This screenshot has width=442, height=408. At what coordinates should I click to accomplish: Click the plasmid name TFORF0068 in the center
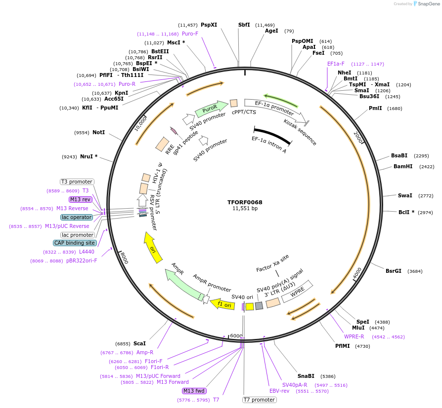[245, 202]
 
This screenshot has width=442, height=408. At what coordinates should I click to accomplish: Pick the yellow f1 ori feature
[222, 304]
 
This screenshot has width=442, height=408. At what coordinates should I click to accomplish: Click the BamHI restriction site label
[402, 166]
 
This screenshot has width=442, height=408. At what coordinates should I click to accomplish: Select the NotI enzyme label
[98, 133]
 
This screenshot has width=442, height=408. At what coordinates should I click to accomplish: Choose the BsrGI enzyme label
[394, 270]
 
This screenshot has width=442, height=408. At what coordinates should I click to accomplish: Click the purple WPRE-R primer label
[354, 337]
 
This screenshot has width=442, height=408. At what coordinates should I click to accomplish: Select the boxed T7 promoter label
[259, 400]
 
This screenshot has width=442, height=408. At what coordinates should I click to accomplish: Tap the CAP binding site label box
[74, 243]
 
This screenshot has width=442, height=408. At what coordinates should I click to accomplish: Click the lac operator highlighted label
[76, 217]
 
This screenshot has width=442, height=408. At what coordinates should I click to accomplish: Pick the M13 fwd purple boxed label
[194, 391]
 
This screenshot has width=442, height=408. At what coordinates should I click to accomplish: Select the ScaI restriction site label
[139, 343]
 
